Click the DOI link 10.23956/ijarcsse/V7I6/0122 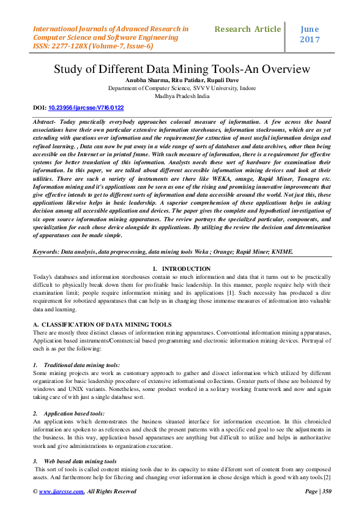tap(86, 107)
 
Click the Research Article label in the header tap(248, 29)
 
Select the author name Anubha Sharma tap(146, 80)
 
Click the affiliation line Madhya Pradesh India tap(182, 96)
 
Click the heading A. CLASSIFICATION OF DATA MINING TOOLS tap(102, 324)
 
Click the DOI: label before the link tap(39, 107)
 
